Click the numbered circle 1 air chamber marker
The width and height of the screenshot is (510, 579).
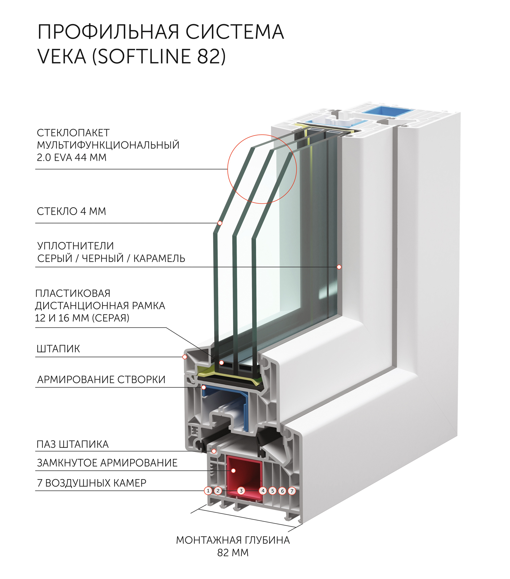pos(208,491)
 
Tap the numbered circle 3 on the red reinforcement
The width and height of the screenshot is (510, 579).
pos(241,491)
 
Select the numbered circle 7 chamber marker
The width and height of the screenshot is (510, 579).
pos(292,491)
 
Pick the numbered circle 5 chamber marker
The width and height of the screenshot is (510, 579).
pos(272,491)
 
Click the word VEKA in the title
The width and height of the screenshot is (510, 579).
pos(62,56)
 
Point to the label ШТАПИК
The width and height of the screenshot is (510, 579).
pos(58,349)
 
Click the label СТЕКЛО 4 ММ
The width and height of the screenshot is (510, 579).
pos(71,211)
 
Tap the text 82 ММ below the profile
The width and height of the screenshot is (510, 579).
pos(233,553)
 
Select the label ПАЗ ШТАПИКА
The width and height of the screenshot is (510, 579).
pos(73,444)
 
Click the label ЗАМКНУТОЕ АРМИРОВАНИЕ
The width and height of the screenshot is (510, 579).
pos(107,463)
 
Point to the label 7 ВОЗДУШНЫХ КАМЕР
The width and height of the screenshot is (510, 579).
pos(91,483)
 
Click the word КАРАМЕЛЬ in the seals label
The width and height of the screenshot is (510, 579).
pos(159,258)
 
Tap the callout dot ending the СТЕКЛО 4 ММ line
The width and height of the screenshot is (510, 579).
pos(220,223)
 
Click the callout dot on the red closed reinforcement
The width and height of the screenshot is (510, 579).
pos(234,471)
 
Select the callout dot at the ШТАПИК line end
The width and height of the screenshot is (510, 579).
pos(185,357)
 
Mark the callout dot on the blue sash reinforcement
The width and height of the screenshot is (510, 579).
pos(203,387)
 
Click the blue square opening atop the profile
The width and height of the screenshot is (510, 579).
pos(387,111)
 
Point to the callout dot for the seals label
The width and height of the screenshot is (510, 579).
pos(339,267)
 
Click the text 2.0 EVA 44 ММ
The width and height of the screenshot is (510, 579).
pos(71,158)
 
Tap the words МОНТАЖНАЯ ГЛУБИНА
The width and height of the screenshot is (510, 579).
pos(233,540)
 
